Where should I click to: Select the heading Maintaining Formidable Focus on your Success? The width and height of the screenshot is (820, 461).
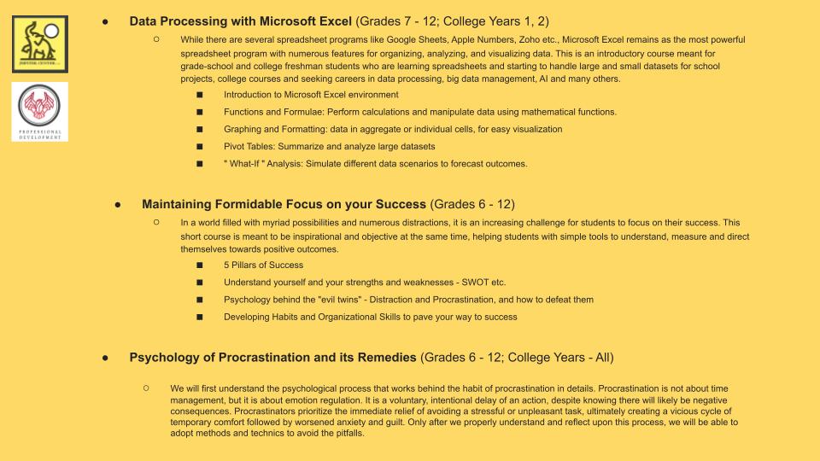284,204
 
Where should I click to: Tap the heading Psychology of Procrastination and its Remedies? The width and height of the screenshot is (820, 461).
272,357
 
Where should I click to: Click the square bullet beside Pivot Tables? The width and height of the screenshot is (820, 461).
200,147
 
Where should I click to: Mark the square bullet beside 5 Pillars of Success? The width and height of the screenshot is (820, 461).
200,266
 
